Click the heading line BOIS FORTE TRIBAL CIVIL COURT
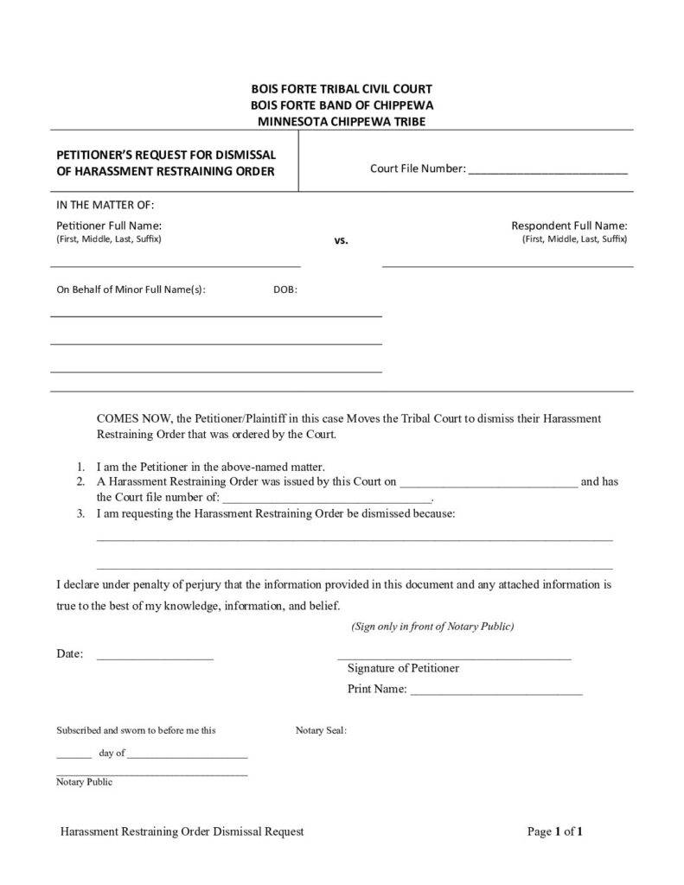tap(342, 88)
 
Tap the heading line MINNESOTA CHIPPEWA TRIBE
tap(342, 121)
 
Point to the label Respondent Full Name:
tap(569, 225)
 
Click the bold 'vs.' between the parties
tap(341, 240)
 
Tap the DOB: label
tap(285, 290)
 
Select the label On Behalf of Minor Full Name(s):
tap(131, 290)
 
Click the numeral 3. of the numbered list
tap(80, 513)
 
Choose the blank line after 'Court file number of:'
tap(327, 500)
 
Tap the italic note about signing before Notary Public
tap(432, 626)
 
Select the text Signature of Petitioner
tap(403, 668)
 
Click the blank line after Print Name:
tap(495, 692)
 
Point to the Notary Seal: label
tap(321, 730)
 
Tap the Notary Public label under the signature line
tap(84, 782)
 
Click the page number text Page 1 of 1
tap(555, 832)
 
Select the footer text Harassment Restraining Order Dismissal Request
tap(182, 832)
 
